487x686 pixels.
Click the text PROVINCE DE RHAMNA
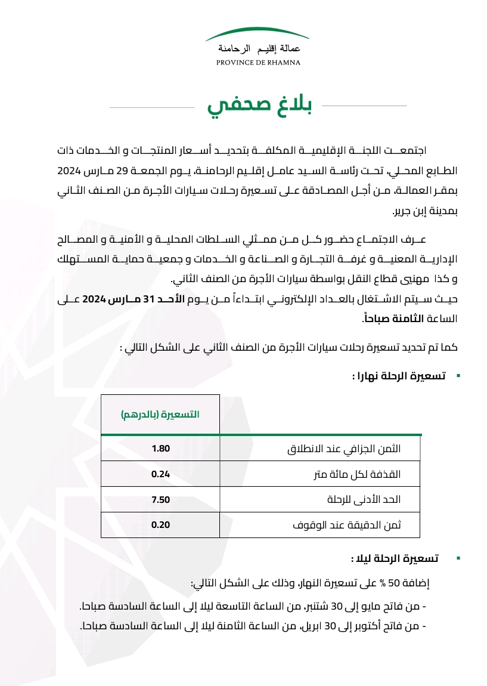pos(258,62)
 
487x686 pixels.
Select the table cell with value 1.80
pos(161,448)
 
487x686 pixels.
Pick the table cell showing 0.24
pos(161,474)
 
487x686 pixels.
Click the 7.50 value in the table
pos(161,500)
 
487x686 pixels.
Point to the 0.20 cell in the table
pos(161,526)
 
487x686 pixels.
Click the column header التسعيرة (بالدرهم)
pos(160,414)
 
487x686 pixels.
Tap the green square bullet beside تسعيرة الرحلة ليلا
pos(457,558)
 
